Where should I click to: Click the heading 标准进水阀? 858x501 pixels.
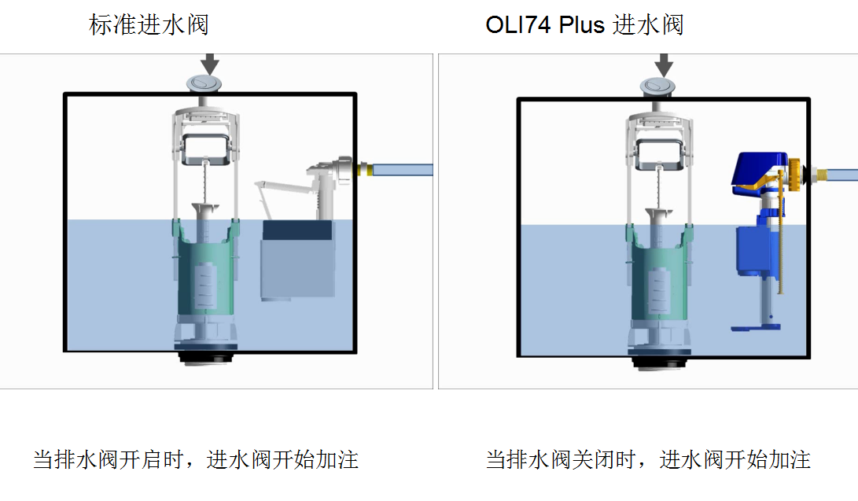(x=149, y=25)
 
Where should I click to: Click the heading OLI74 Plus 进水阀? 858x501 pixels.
(x=584, y=25)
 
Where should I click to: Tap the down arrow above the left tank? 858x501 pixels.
(x=209, y=64)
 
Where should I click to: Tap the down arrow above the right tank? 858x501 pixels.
(x=664, y=65)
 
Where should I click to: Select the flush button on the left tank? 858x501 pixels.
(x=204, y=83)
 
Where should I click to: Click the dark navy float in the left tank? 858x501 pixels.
(x=297, y=230)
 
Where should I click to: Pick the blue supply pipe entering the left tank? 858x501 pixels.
(x=403, y=170)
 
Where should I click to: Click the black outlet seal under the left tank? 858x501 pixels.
(x=206, y=358)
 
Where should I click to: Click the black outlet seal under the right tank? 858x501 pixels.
(x=659, y=363)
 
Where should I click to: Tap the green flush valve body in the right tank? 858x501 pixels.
(x=659, y=274)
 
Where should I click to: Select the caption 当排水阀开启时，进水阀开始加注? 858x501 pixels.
(x=195, y=459)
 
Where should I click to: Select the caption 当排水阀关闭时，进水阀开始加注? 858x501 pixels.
(x=648, y=459)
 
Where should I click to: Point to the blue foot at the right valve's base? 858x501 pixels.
(x=756, y=328)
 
